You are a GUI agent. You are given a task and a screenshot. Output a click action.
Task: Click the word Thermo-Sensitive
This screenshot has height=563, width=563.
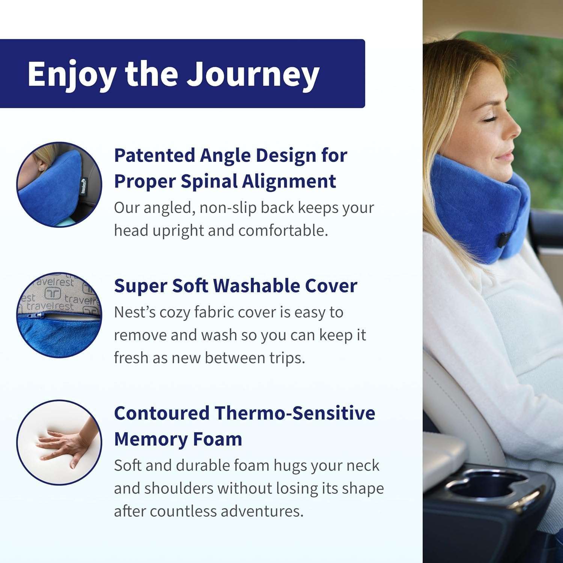(295, 413)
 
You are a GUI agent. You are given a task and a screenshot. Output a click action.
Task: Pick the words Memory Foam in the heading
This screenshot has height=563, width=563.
(178, 439)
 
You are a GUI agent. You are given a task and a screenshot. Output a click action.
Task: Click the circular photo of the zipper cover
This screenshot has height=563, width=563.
(59, 315)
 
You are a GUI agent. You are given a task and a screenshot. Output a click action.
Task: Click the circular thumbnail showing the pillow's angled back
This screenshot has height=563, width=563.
(59, 184)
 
